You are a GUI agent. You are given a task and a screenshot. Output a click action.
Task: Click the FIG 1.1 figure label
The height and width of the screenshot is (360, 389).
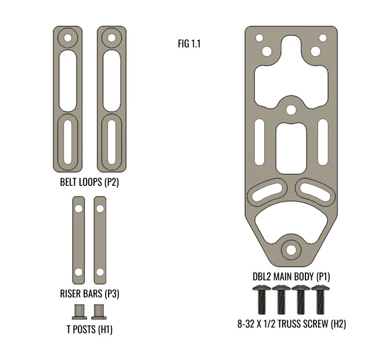point(189,44)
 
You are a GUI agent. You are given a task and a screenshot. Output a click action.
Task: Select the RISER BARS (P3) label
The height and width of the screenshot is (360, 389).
point(89,293)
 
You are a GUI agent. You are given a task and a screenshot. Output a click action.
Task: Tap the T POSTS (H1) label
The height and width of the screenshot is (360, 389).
point(89,329)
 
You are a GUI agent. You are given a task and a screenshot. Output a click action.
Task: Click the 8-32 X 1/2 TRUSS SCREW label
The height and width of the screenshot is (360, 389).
point(291,324)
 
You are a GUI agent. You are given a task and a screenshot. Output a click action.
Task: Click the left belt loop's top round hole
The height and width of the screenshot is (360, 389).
point(68,39)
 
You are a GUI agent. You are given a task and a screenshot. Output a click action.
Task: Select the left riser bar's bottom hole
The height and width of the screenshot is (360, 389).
point(78,272)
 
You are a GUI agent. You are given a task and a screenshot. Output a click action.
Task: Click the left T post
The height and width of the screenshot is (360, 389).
point(80,312)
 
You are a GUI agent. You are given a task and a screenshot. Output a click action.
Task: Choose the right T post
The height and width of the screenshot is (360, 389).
point(99,312)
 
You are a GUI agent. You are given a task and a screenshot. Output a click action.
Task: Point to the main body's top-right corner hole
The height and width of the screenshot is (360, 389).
point(323,38)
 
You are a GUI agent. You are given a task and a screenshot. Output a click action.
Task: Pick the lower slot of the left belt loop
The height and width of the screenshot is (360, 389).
point(68,141)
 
